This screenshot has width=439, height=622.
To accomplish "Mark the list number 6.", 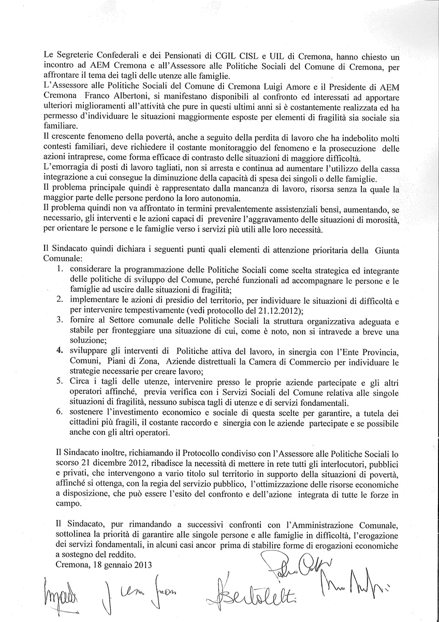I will (60, 412).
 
